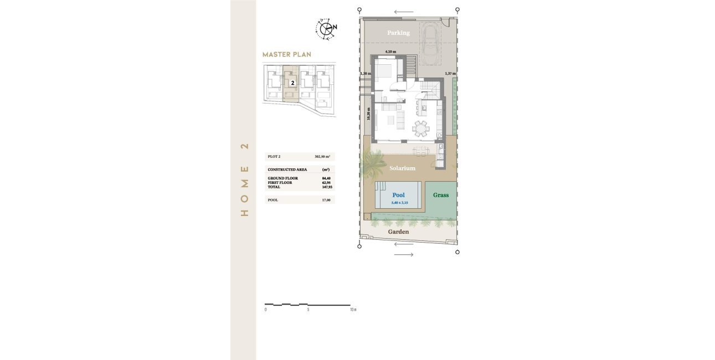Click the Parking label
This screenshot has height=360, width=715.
pos(398,33)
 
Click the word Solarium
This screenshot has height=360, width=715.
pos(402,168)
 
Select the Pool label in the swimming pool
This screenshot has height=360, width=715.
pos(398,195)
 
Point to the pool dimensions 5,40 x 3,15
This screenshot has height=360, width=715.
pos(399,203)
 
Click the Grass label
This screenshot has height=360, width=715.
pos(441,195)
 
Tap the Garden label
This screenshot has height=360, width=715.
pos(398,232)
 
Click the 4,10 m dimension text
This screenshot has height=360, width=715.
pos(391,52)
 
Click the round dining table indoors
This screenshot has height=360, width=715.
pos(421,129)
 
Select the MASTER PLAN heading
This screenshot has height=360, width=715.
pos(286,54)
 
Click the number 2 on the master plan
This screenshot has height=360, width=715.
pos(292,83)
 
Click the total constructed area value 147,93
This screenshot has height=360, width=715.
pos(326,187)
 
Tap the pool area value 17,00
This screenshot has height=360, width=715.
pos(326,200)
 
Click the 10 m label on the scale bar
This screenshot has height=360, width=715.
pos(352,310)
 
